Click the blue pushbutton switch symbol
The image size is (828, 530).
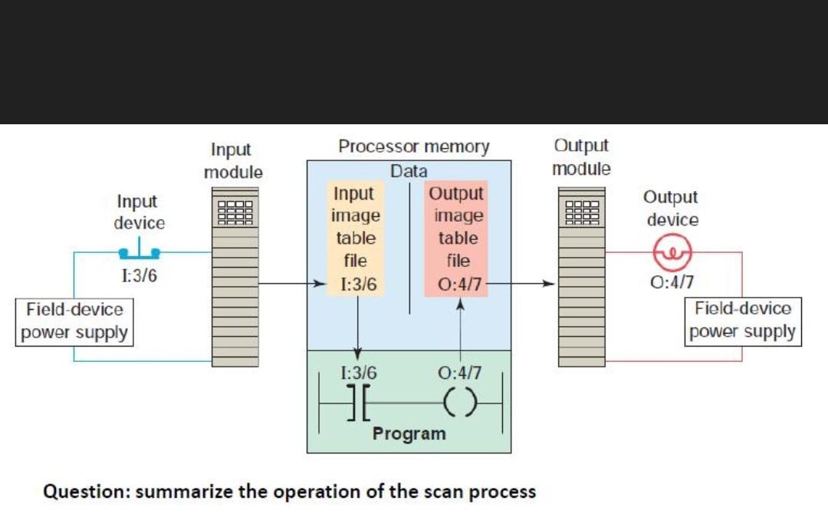click(x=140, y=251)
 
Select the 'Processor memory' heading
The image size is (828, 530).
click(x=414, y=146)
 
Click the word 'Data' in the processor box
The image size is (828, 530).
click(x=409, y=171)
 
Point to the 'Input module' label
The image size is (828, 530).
click(x=233, y=160)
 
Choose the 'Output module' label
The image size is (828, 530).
click(x=581, y=156)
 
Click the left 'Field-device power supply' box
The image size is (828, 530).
click(x=74, y=321)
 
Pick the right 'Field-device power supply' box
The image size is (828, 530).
click(x=742, y=321)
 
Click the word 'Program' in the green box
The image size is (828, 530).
click(x=409, y=433)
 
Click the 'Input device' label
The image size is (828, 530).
click(x=139, y=212)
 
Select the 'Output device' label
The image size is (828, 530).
click(x=672, y=209)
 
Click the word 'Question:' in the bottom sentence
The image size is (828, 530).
click(x=86, y=492)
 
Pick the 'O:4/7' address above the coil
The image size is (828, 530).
click(x=458, y=374)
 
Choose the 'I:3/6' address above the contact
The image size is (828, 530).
click(x=358, y=374)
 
